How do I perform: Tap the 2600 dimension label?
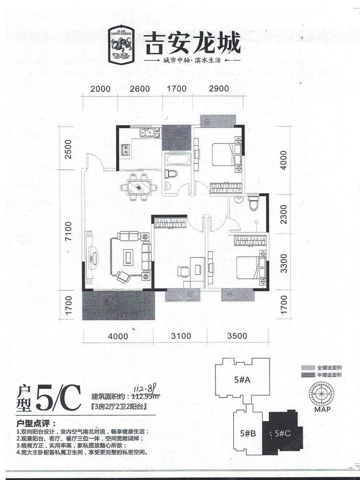point(140,89)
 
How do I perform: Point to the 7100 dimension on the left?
point(68,231)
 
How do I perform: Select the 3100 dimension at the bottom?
point(181,336)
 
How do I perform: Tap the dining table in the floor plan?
point(139,187)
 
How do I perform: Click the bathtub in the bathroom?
point(178,159)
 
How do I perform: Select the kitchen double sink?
point(147,132)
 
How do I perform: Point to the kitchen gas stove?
point(126,150)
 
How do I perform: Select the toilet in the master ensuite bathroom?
point(254,204)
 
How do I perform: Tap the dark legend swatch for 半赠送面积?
point(308,375)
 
